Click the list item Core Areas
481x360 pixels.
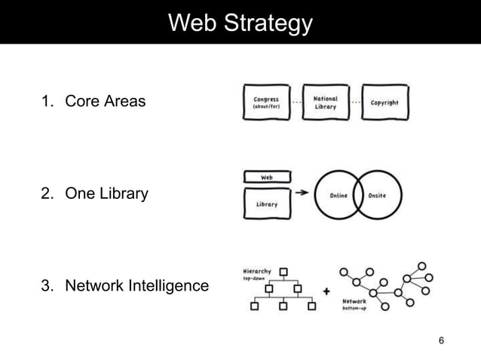(105, 101)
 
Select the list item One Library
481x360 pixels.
(106, 194)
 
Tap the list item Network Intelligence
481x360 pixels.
(136, 286)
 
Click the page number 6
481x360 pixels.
(442, 341)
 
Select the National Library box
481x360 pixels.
(326, 102)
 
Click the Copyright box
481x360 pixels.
(384, 102)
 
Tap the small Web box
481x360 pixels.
(266, 178)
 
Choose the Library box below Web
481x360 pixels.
(266, 204)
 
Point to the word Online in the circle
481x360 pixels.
(339, 195)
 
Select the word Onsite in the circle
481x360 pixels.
(377, 195)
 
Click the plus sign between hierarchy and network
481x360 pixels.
(326, 291)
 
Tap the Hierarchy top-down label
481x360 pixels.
(257, 274)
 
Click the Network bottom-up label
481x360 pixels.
(354, 304)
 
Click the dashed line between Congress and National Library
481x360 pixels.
(296, 101)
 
